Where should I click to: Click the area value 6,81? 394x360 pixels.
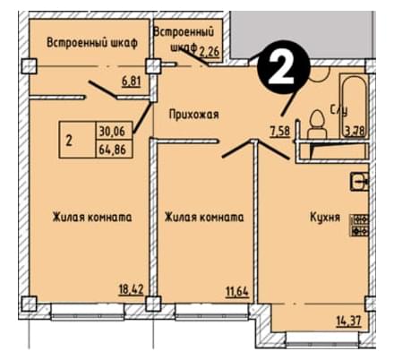click(131, 81)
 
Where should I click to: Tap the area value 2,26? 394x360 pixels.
click(210, 52)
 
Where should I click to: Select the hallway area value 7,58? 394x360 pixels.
click(280, 132)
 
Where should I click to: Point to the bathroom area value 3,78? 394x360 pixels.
click(355, 132)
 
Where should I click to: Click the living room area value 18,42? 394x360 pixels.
click(132, 289)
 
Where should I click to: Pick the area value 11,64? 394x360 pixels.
click(236, 291)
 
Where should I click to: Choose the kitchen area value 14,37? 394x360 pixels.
click(349, 321)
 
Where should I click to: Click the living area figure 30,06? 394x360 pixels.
click(112, 131)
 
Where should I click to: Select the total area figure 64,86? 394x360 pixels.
click(112, 149)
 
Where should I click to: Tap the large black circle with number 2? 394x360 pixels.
click(284, 67)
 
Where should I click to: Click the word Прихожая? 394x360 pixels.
click(194, 115)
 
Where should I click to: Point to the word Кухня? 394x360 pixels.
click(325, 218)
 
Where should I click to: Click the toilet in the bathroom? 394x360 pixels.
click(317, 124)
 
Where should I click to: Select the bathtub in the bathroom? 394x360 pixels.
click(354, 106)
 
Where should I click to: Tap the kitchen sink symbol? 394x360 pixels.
click(359, 182)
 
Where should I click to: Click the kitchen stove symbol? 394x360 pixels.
click(360, 225)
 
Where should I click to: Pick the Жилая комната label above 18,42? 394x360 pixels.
click(92, 218)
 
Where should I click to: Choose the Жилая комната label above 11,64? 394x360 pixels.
click(204, 218)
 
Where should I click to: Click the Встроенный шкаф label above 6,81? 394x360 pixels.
click(92, 43)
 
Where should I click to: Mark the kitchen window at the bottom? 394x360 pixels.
click(322, 340)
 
